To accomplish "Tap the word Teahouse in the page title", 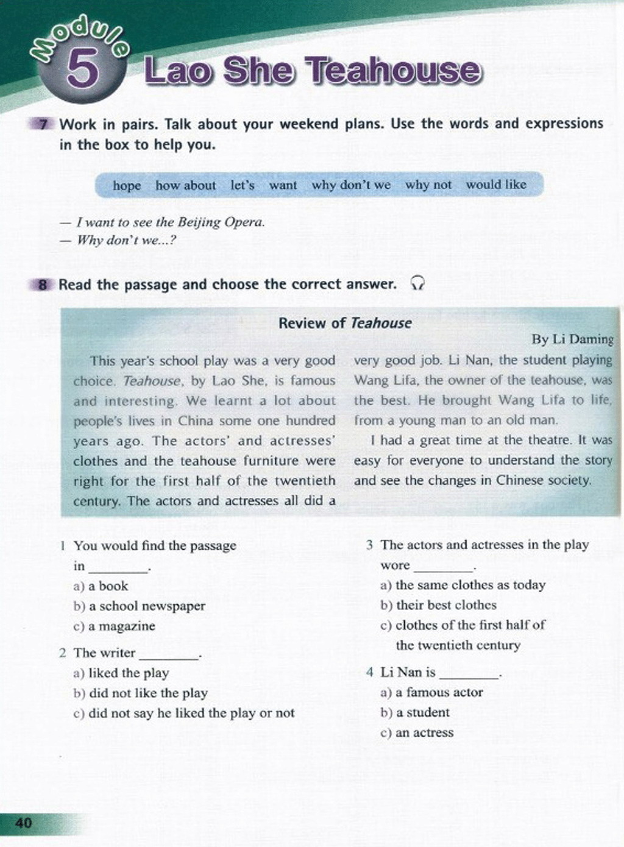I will click(394, 71).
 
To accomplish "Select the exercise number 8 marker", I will click(43, 285).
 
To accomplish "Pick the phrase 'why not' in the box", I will click(428, 185).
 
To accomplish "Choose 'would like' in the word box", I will click(496, 185).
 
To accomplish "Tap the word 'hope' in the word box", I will click(127, 185).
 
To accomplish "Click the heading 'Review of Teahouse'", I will click(345, 323).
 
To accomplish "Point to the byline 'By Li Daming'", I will click(572, 339).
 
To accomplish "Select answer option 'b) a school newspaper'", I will click(139, 606).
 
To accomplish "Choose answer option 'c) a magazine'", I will click(114, 626).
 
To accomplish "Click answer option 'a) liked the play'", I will click(121, 673).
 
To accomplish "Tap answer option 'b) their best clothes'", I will click(438, 605).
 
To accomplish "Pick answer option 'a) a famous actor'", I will click(431, 692).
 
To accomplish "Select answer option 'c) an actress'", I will click(417, 732).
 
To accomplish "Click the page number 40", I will click(23, 823).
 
